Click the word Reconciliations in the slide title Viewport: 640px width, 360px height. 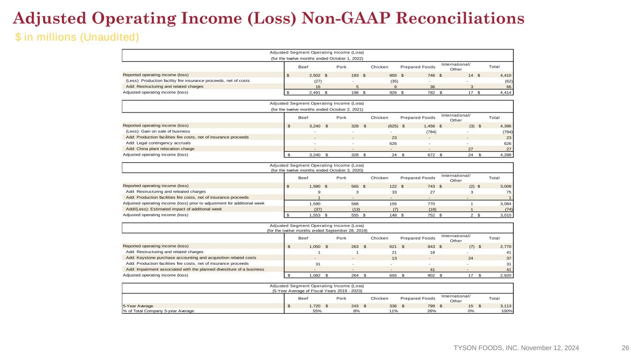coord(460,18)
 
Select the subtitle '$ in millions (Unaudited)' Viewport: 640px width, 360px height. coord(77,37)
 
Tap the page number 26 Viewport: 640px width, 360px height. coord(625,348)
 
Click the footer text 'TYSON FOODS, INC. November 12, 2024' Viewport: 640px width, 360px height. coord(516,348)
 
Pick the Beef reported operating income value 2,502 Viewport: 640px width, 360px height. coord(315,75)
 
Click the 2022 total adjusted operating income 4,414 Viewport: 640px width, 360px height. coord(506,92)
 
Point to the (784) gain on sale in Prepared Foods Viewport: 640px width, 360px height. coord(431,132)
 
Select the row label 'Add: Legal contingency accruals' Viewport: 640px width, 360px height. coord(158,143)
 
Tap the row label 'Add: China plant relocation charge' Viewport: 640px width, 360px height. coord(160,149)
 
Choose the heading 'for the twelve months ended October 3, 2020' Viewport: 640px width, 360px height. coord(317,170)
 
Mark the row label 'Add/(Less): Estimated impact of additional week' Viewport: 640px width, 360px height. coord(174,209)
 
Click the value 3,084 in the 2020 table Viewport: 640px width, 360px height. coord(506,204)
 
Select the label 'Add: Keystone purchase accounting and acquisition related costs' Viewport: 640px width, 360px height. coord(191,258)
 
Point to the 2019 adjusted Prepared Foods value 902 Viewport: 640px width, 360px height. coord(431,276)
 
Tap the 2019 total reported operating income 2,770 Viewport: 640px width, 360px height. coord(506,247)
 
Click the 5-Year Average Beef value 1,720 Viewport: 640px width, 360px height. coord(315,306)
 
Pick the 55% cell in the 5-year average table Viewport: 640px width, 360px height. coord(317,311)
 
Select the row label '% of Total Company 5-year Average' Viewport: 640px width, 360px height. coord(158,311)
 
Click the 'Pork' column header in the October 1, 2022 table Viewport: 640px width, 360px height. coord(341,67)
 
